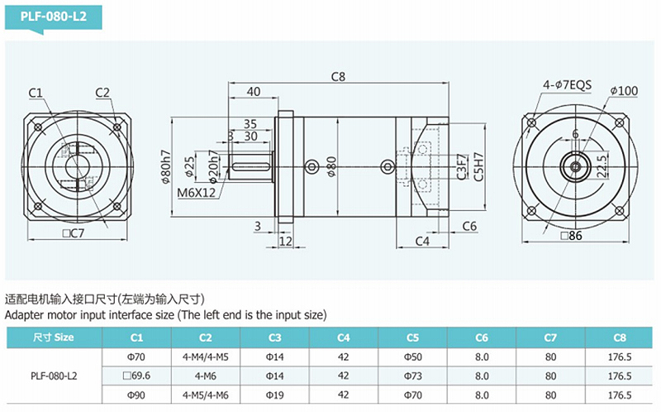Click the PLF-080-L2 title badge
tap(54, 17)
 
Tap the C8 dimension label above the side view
tap(338, 76)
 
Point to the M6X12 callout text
tap(196, 193)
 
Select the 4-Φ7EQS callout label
tap(567, 85)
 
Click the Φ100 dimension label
tap(624, 90)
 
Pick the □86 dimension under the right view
tap(571, 236)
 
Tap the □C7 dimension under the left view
tap(73, 233)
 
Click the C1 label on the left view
tap(36, 93)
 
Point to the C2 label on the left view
tap(102, 93)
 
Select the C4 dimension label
tap(422, 241)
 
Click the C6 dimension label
tap(469, 226)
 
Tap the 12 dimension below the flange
tap(285, 241)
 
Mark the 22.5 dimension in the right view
tap(603, 166)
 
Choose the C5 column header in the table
tap(412, 338)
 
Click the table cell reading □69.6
tap(136, 376)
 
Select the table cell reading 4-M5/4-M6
tap(205, 395)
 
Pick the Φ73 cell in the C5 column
tap(412, 376)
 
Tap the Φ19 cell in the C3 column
tap(274, 395)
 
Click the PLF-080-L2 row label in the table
tap(54, 376)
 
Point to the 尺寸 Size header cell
tap(54, 338)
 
